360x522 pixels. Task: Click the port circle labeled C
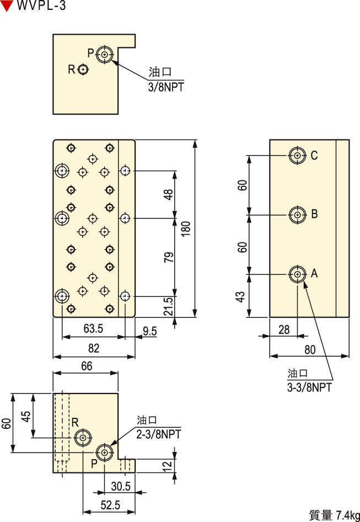point(298,155)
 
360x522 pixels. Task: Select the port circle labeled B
point(298,214)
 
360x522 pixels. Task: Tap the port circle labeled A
point(298,273)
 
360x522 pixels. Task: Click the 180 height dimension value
point(186,229)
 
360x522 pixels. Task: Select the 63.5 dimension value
point(93,329)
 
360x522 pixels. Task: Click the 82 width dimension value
point(93,348)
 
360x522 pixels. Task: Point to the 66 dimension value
point(85,365)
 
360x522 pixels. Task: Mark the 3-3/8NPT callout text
point(309,387)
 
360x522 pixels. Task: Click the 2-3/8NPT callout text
point(158,434)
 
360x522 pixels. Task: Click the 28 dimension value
point(283,330)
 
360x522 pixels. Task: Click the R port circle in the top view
point(83,69)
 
